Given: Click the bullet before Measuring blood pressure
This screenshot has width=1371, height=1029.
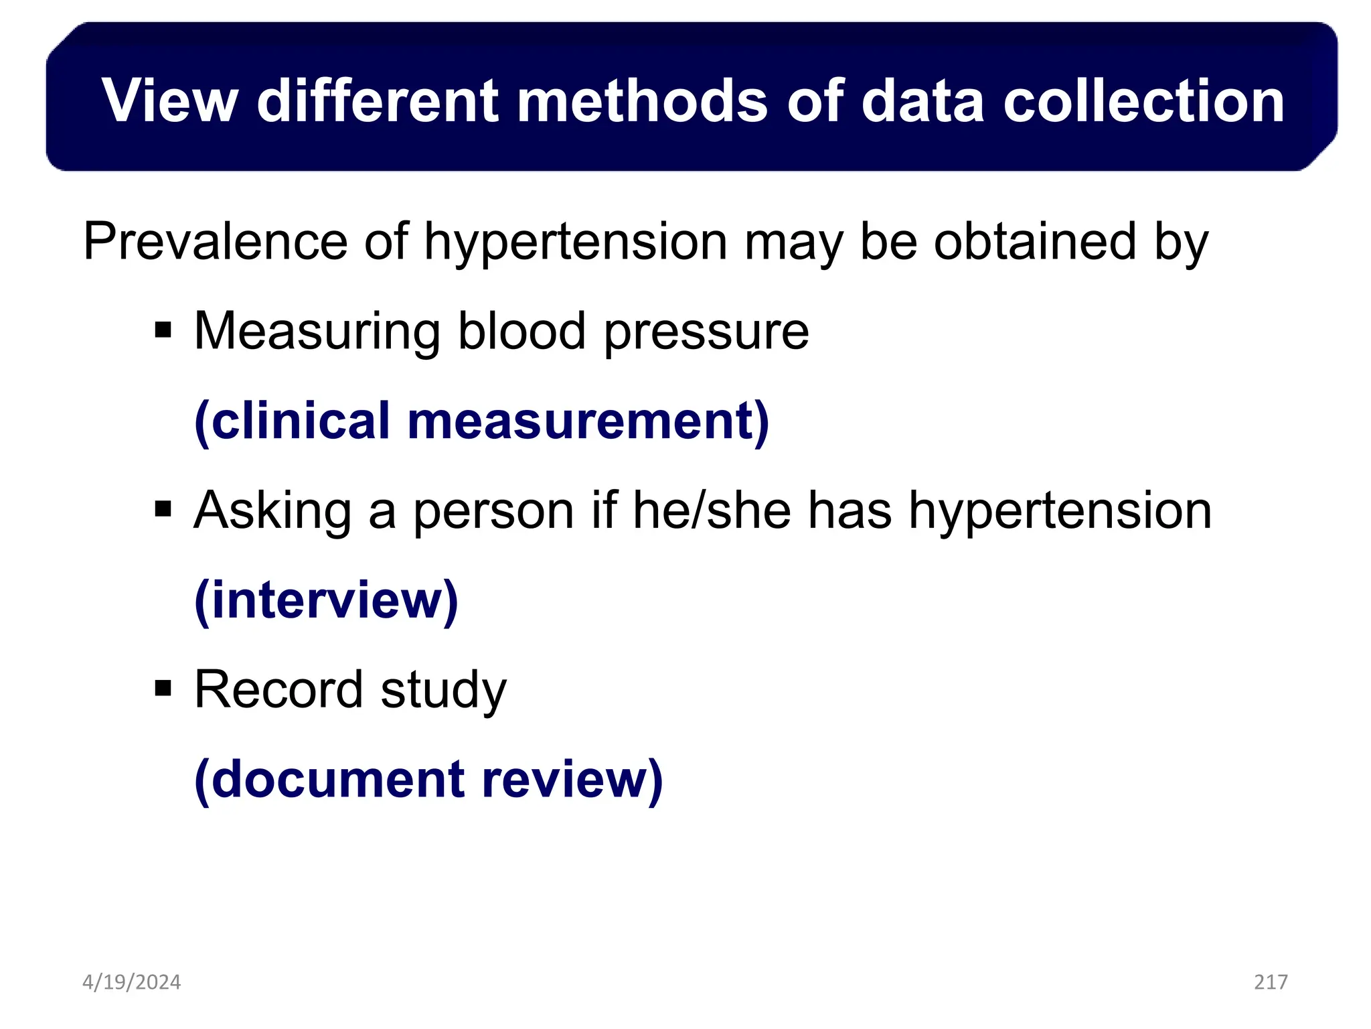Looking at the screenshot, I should (x=163, y=330).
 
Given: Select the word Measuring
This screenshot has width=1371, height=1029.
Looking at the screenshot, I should (x=317, y=332).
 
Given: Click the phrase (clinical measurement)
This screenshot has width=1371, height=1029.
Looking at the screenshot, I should (x=481, y=421).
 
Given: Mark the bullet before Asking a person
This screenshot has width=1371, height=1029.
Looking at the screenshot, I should (x=163, y=510).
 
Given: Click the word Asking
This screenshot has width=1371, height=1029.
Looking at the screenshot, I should (x=272, y=512).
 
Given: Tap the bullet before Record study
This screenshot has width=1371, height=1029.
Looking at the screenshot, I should (x=163, y=689).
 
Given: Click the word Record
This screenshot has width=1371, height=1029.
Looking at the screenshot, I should (x=278, y=689).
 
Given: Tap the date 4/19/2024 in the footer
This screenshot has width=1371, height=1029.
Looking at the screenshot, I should (x=131, y=982).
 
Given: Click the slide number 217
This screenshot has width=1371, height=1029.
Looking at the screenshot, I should (x=1271, y=982).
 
